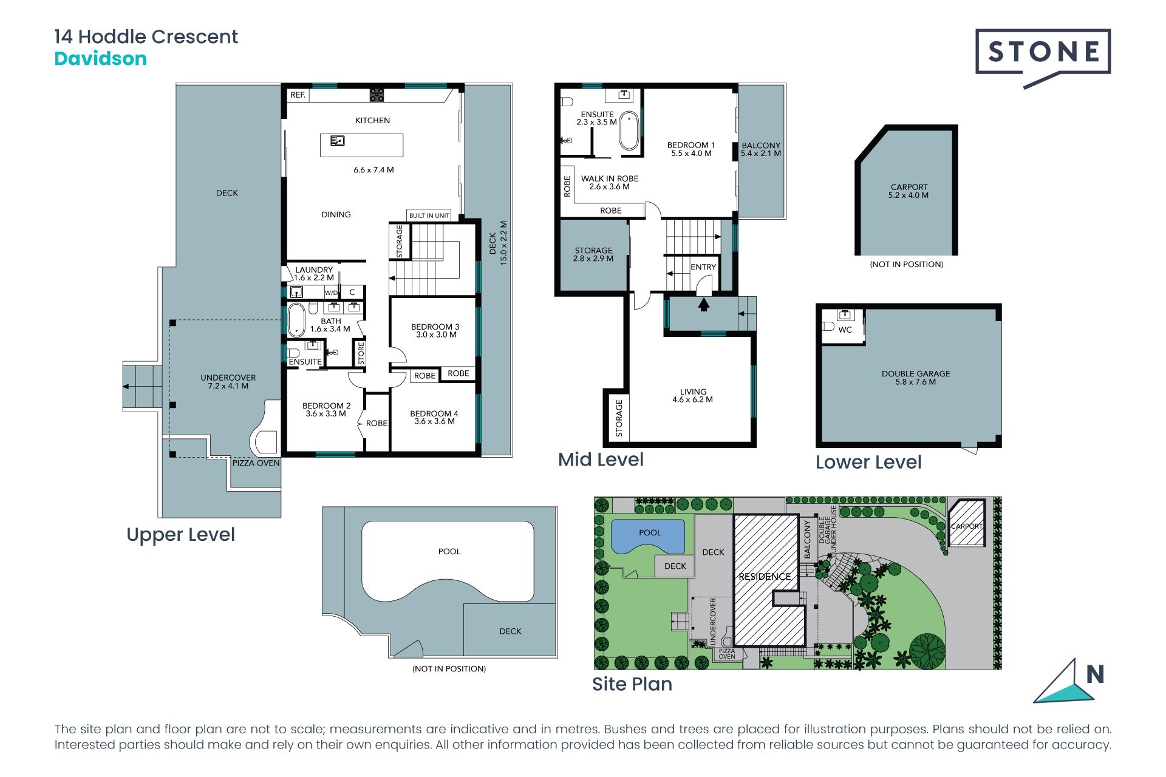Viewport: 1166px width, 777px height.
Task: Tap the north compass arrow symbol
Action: click(x=1063, y=683)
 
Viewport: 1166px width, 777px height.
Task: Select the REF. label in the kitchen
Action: click(x=298, y=95)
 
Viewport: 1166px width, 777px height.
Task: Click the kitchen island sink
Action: click(x=338, y=141)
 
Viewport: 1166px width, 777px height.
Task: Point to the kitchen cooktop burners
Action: click(x=377, y=95)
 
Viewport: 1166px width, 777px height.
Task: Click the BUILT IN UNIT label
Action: click(x=429, y=215)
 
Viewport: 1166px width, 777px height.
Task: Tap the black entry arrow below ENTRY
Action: click(x=704, y=304)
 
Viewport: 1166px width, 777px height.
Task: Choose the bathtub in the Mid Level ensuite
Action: click(x=629, y=131)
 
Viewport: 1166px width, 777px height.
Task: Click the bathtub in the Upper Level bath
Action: click(x=296, y=320)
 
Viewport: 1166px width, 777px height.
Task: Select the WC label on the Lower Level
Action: click(x=845, y=330)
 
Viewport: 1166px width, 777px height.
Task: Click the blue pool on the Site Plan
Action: click(x=648, y=536)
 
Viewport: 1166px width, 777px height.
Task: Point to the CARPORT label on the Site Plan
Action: click(x=967, y=526)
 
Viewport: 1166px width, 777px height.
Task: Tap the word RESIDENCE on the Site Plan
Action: click(x=765, y=577)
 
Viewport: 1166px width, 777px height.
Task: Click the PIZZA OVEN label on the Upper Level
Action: click(x=256, y=463)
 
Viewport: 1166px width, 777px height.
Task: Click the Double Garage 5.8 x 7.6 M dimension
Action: click(x=916, y=382)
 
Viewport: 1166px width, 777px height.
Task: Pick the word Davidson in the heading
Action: click(x=101, y=59)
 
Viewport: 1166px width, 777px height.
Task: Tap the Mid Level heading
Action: click(x=601, y=460)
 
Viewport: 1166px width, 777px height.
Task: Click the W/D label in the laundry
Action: click(x=331, y=293)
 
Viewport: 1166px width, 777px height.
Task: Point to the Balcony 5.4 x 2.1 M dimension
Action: click(x=761, y=154)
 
